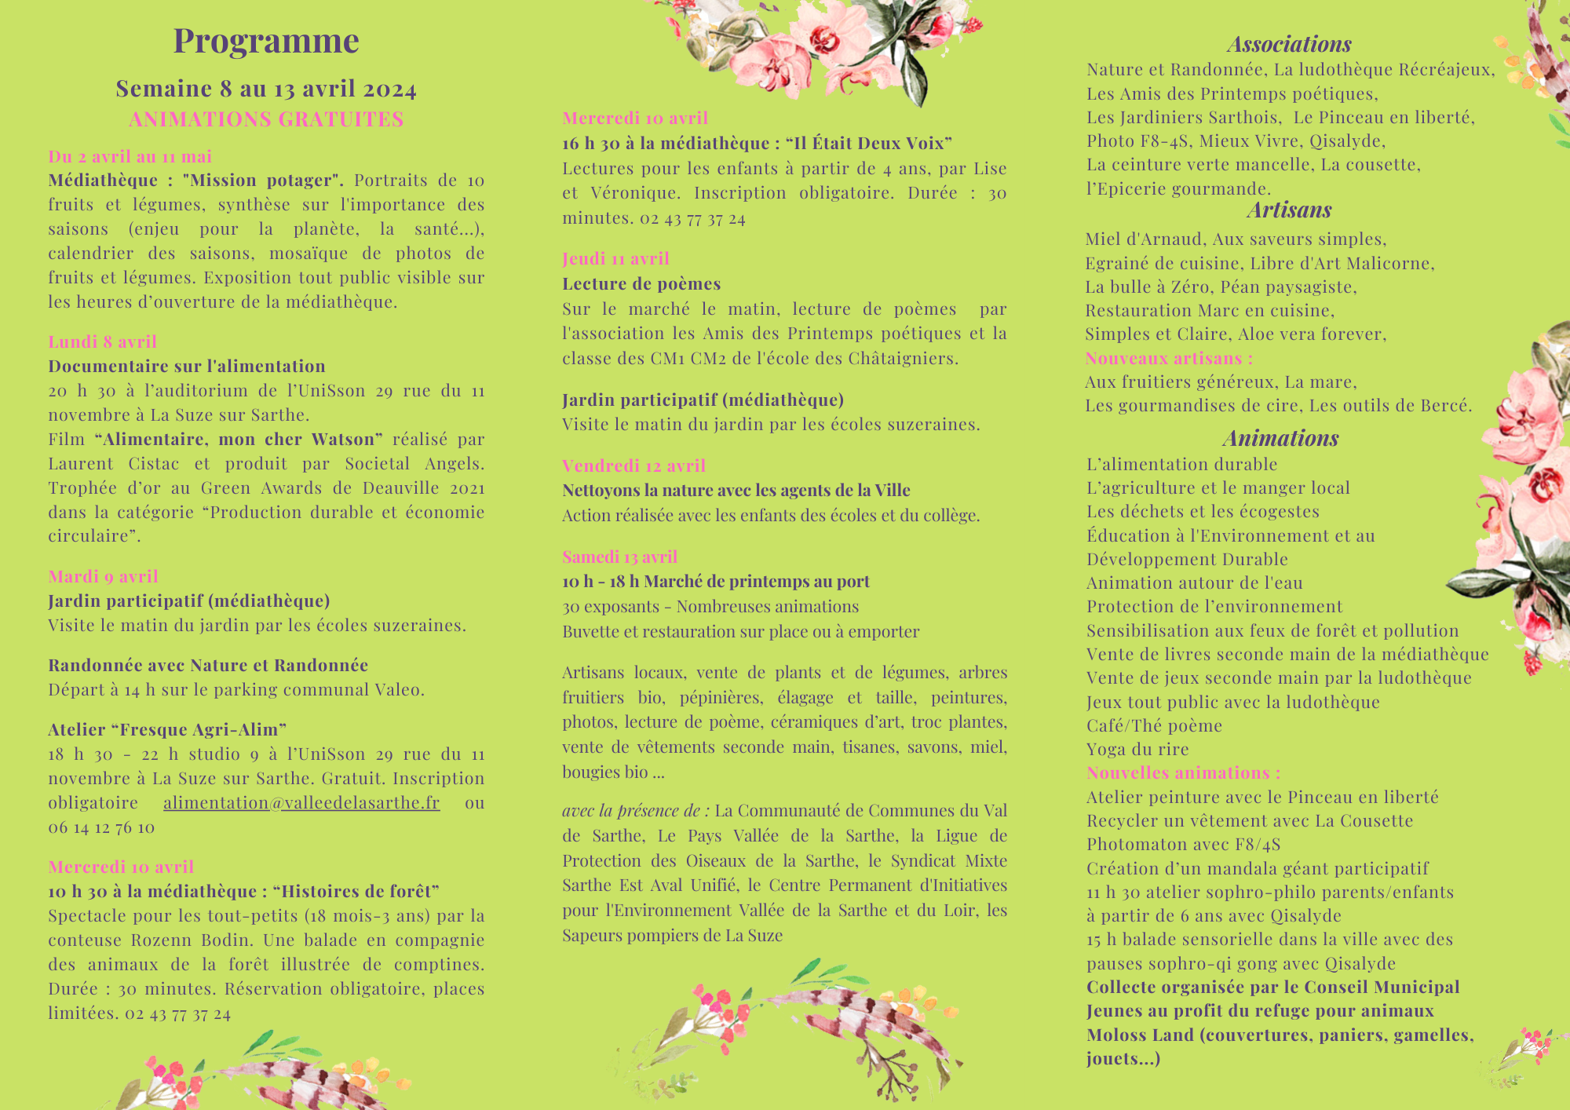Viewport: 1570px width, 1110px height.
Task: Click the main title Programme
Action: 266,41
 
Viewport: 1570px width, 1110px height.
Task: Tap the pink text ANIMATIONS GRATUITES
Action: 266,119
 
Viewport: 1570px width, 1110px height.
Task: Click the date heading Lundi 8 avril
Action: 102,341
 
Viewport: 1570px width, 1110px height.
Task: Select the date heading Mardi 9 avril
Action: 103,576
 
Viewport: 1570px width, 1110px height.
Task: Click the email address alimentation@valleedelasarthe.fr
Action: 301,802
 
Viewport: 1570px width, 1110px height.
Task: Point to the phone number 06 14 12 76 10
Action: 101,827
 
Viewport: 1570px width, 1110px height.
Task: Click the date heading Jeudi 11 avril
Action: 615,258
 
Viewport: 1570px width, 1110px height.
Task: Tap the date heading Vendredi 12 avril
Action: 633,466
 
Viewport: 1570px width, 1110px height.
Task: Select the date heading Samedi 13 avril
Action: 619,557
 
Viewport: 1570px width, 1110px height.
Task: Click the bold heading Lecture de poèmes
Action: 641,283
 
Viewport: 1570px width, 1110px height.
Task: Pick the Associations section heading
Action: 1289,44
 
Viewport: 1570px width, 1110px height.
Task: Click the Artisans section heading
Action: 1289,210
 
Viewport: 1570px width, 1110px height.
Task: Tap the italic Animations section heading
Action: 1280,438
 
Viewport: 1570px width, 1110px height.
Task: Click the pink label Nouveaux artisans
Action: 1169,358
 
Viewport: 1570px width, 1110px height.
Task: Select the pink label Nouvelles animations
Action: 1183,772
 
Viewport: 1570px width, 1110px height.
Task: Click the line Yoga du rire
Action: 1137,749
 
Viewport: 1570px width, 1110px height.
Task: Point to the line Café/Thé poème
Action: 1154,725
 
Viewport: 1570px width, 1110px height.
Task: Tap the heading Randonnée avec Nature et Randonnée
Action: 208,665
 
